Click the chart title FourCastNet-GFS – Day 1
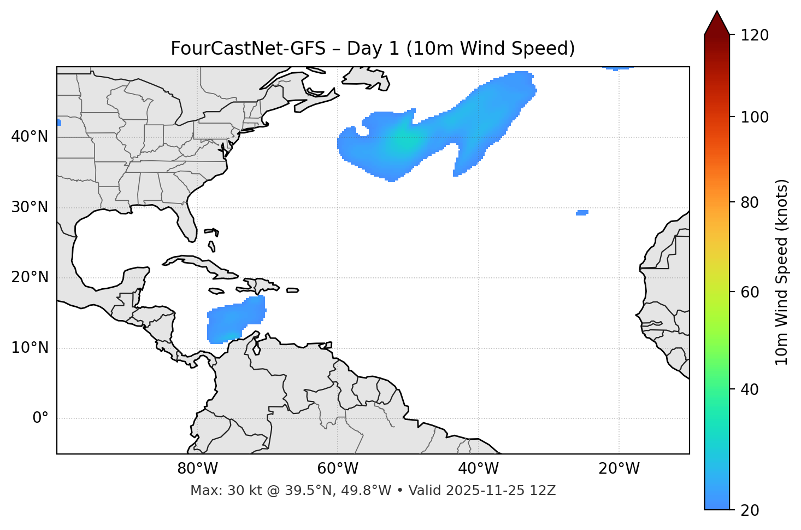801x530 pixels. point(373,49)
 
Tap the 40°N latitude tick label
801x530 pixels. point(30,137)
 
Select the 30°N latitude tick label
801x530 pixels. point(30,207)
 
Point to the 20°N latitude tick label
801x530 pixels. point(30,277)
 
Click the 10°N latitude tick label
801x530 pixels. point(30,348)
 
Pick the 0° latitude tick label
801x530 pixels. point(40,418)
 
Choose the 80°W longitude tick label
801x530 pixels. point(197,469)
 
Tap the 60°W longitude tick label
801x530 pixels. point(338,469)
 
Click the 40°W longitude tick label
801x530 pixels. point(478,469)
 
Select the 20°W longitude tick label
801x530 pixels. point(619,469)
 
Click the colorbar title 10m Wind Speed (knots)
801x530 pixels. point(782,272)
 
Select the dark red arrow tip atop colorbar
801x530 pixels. point(716,22)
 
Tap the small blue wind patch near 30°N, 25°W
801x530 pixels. point(582,213)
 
